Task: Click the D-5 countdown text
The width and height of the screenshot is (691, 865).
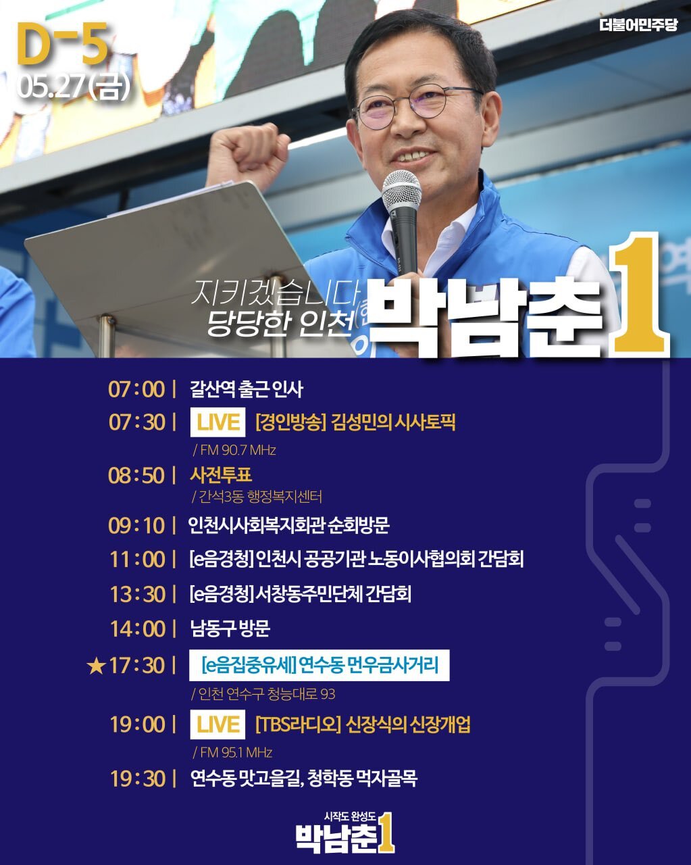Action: pos(62,43)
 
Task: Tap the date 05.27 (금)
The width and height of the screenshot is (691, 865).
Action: pos(73,86)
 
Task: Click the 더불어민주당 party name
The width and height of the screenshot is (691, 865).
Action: pos(638,25)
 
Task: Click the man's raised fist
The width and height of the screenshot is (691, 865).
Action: pos(247,152)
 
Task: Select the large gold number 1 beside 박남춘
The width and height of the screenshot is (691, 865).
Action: pos(638,296)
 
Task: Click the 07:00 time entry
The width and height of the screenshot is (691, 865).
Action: pos(136,389)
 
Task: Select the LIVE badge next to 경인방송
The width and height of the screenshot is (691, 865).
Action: pos(217,422)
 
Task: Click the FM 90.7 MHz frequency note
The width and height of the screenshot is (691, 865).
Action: pos(234,450)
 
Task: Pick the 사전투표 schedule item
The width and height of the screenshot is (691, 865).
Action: pos(221,474)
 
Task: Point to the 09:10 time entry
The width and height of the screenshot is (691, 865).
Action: pos(136,526)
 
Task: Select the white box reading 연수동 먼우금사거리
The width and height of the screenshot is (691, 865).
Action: pos(319,665)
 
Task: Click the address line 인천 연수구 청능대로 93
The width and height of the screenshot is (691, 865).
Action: pos(263,694)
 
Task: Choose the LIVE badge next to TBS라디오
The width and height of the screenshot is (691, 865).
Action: pos(217,724)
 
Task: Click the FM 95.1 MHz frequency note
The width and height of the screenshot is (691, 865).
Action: pos(233,752)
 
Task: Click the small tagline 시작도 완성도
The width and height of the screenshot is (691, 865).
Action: pos(350,816)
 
